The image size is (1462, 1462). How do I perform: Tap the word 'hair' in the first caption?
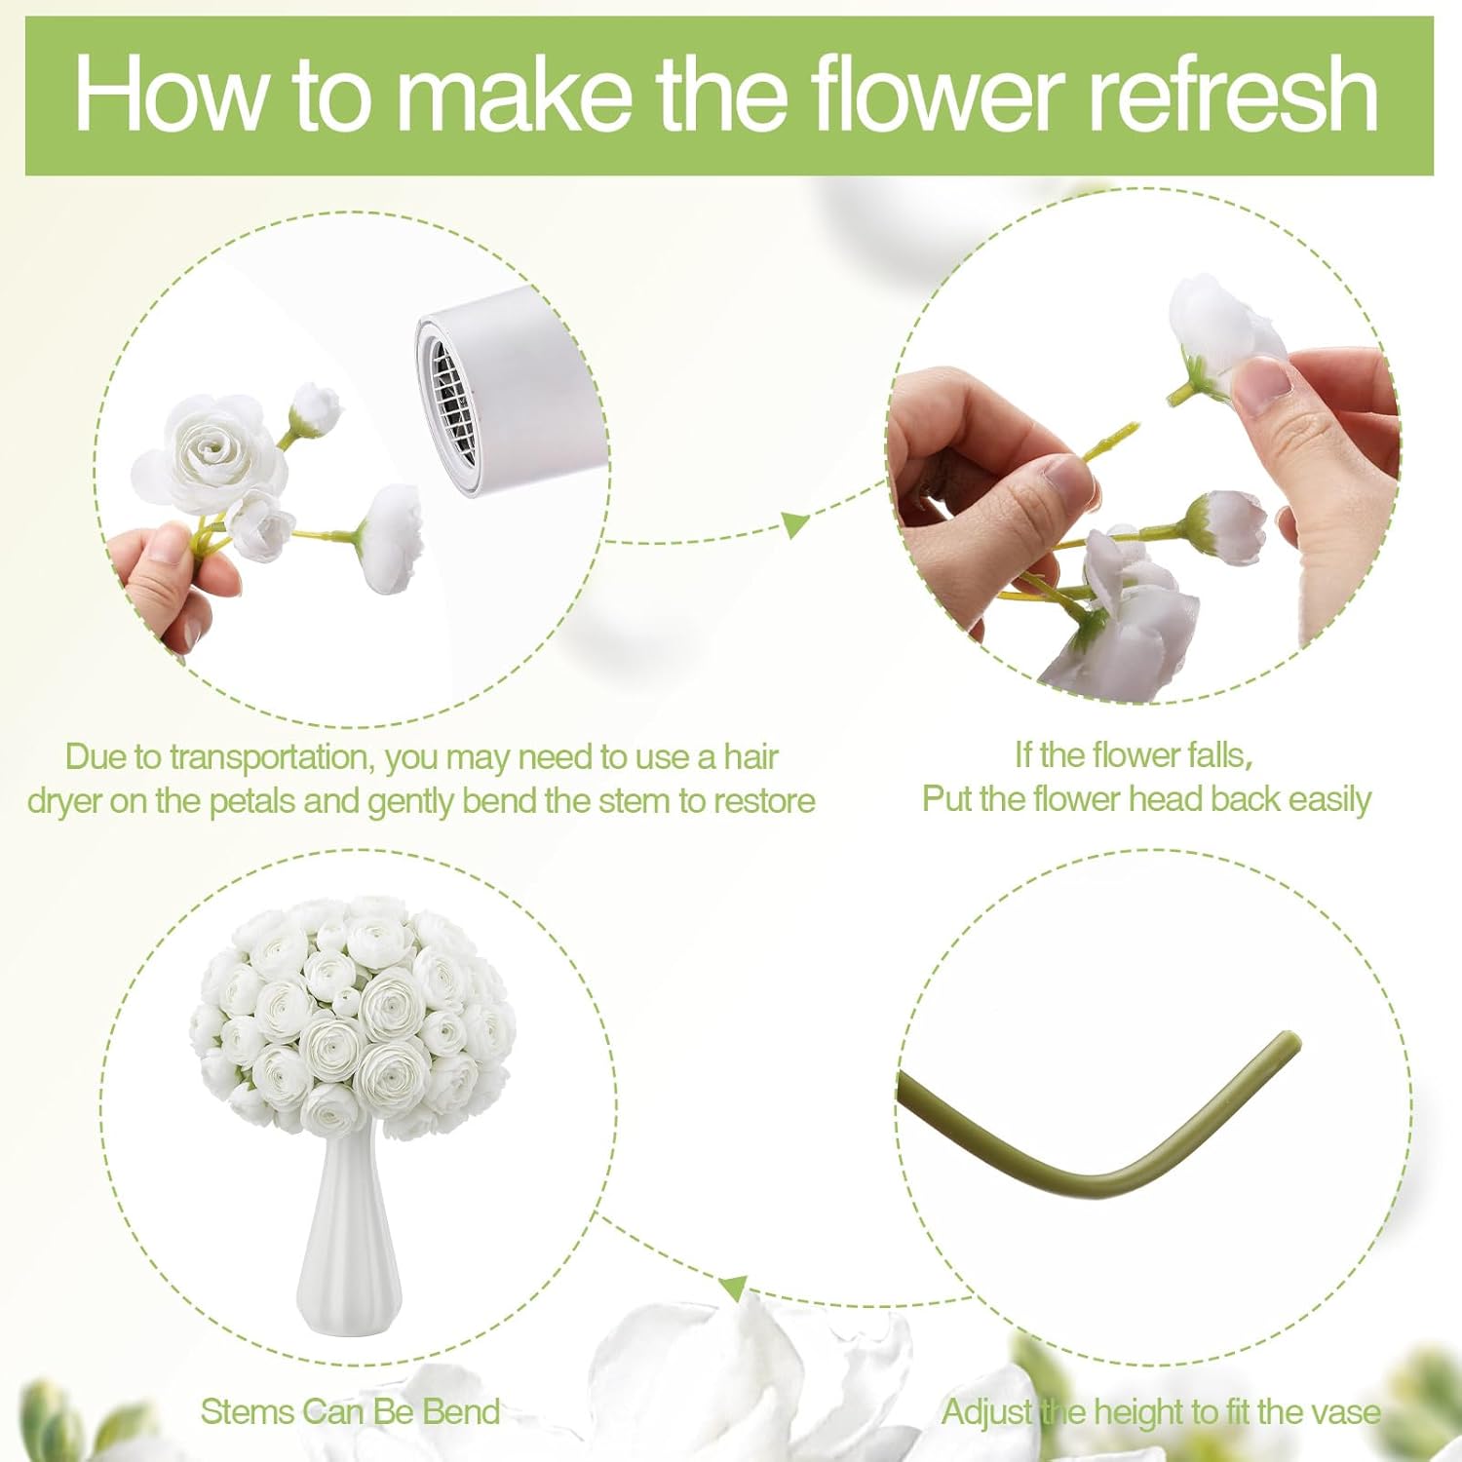pos(750,757)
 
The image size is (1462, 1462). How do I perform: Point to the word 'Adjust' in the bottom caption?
pos(987,1411)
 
